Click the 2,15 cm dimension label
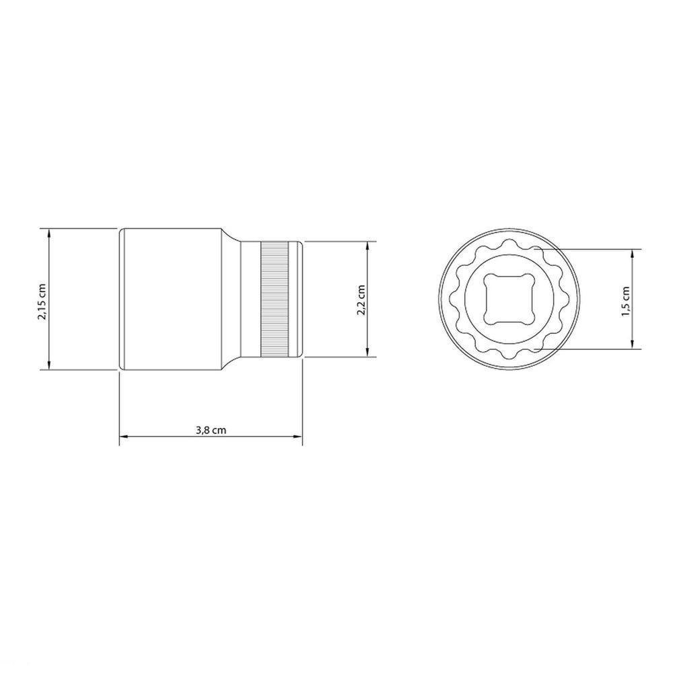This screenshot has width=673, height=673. tap(42, 299)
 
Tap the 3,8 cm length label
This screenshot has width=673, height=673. tap(211, 431)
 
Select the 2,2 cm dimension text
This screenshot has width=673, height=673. tap(361, 299)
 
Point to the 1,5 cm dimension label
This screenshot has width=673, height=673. tap(626, 299)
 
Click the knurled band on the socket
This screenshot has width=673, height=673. tap(276, 299)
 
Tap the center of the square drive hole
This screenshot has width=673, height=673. tap(508, 298)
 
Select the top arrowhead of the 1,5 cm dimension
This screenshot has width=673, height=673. tap(633, 253)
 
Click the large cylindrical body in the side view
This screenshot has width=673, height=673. tap(172, 299)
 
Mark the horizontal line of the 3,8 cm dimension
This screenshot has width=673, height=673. tap(168, 438)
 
